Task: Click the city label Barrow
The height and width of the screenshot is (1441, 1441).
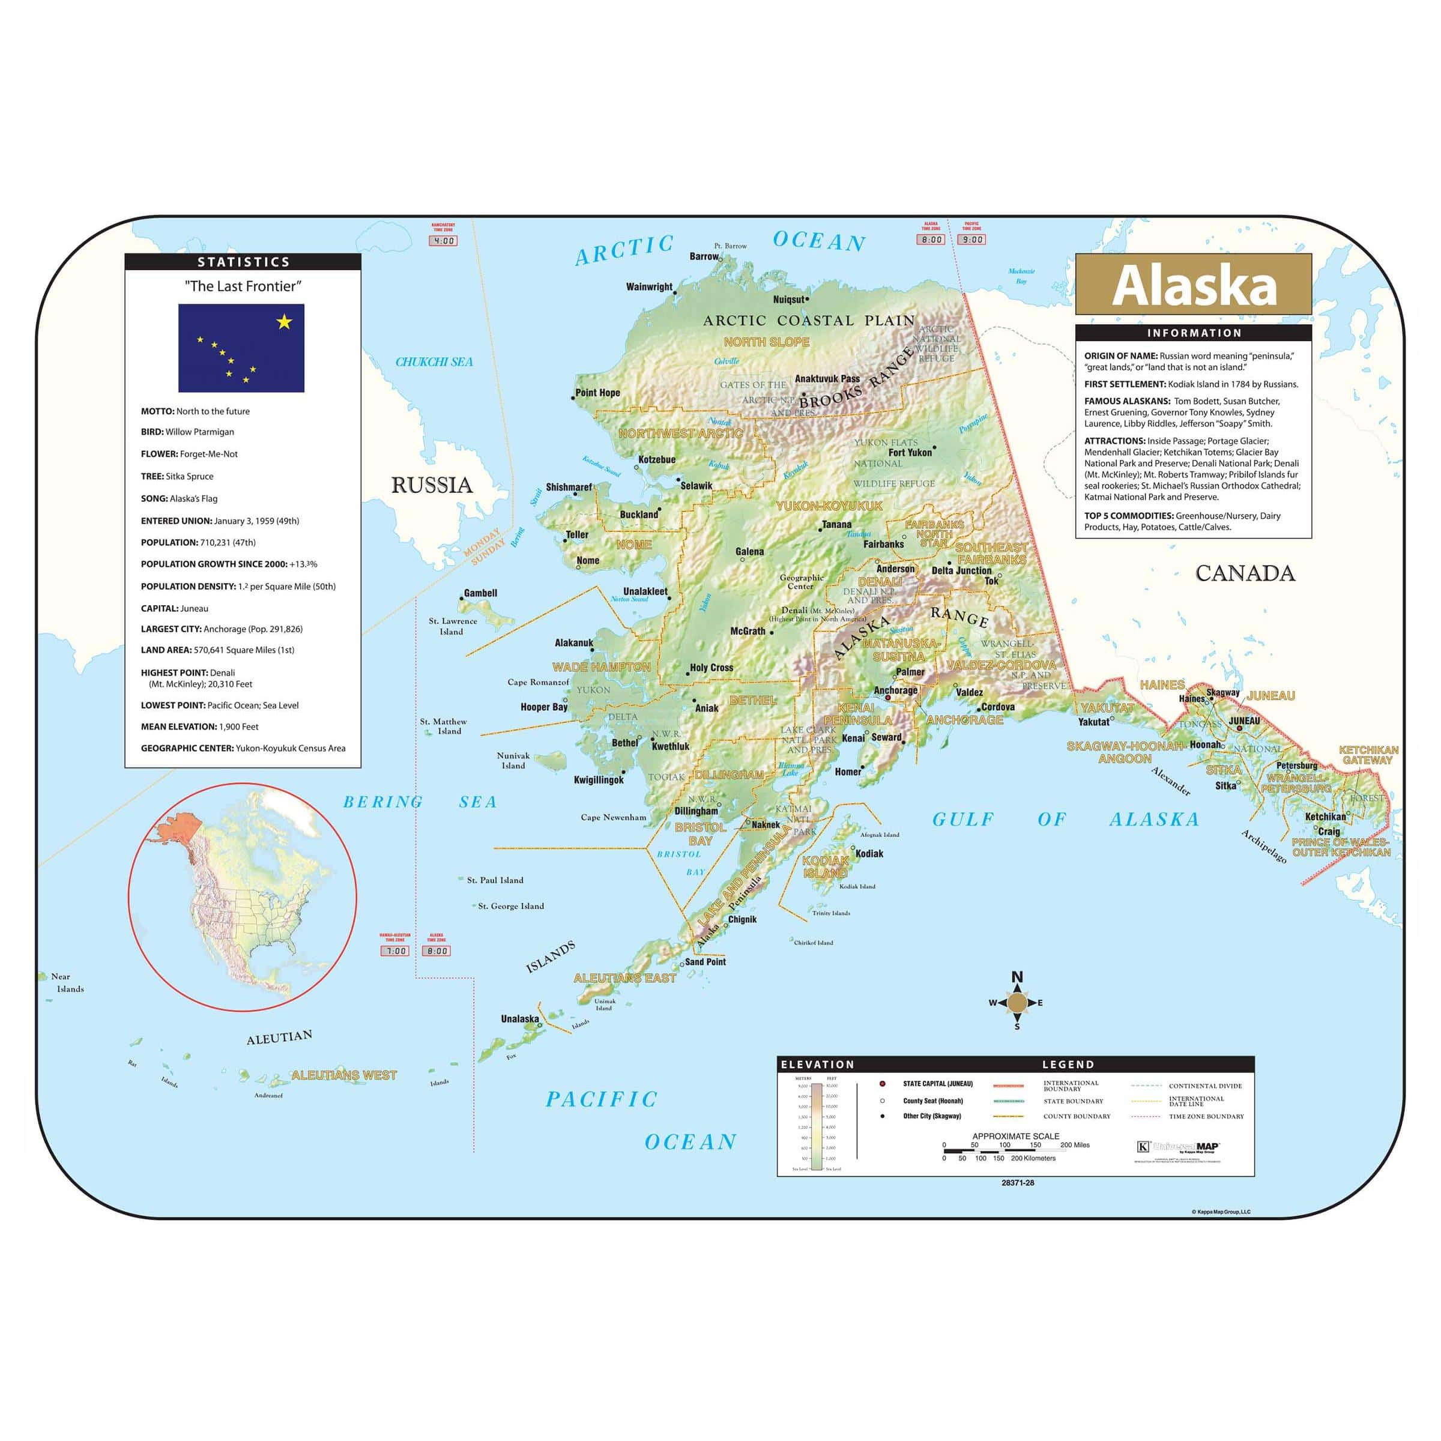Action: tap(703, 256)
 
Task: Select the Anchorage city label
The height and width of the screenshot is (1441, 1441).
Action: tap(895, 690)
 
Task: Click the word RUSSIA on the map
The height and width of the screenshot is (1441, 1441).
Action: tap(432, 486)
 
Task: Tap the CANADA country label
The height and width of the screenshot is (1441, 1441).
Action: tap(1245, 573)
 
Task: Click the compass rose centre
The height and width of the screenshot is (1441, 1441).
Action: tap(1017, 1003)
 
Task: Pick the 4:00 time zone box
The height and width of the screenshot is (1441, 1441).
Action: tap(443, 241)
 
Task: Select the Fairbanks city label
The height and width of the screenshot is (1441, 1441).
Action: tap(883, 544)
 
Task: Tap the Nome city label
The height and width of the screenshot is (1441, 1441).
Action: tap(588, 560)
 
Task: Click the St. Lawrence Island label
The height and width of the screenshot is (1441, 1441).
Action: tap(452, 626)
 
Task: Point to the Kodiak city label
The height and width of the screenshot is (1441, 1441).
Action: tap(869, 853)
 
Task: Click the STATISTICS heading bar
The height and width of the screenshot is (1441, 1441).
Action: tap(243, 262)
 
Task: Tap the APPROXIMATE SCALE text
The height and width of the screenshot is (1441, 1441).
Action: tap(1015, 1136)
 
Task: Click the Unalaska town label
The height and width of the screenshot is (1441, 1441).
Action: tap(520, 1019)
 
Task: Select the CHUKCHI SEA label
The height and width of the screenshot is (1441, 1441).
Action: tap(434, 361)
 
